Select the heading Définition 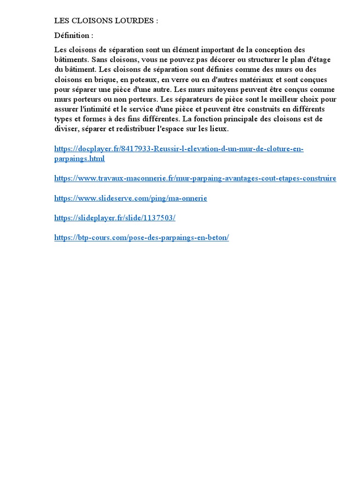(74, 35)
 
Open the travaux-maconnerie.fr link (195, 179)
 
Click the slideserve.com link (130, 198)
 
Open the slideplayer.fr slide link (115, 218)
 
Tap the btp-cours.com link (142, 238)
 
